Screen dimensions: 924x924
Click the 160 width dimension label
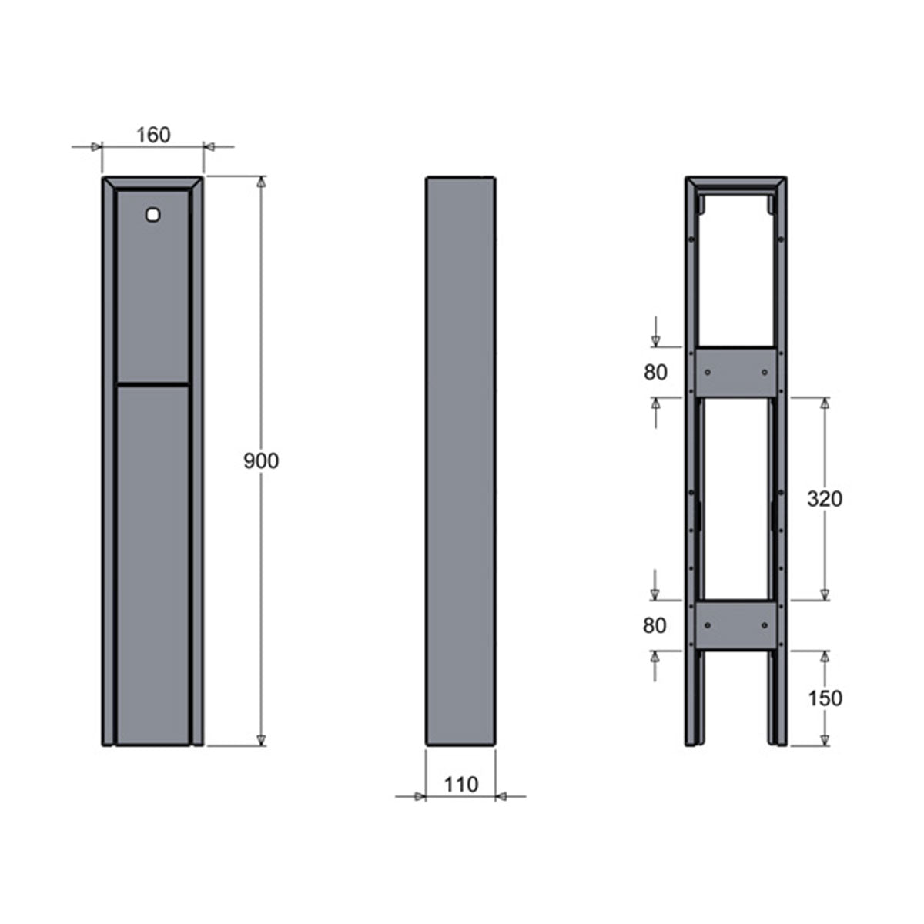point(153,136)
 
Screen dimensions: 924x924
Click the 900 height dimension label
point(261,460)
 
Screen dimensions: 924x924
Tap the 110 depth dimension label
point(460,785)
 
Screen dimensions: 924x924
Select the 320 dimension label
point(824,499)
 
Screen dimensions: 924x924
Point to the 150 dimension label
point(825,698)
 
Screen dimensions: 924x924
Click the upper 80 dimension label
point(655,373)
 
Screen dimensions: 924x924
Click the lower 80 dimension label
point(654,626)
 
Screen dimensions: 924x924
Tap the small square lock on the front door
point(152,215)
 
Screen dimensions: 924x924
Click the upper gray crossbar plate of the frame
point(735,372)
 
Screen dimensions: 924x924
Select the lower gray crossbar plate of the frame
point(735,625)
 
